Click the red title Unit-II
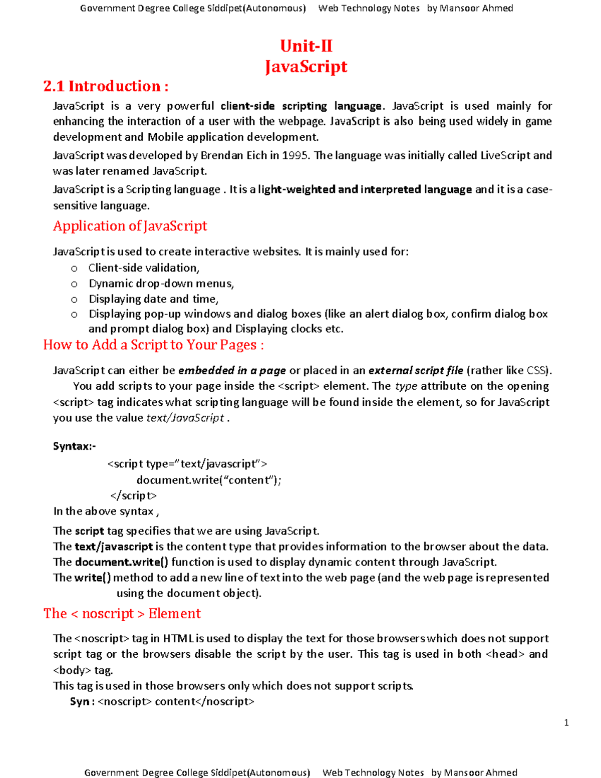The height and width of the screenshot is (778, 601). [306, 46]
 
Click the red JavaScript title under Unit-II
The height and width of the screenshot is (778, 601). [306, 67]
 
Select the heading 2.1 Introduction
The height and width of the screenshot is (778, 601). [106, 86]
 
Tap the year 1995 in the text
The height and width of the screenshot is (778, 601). [295, 155]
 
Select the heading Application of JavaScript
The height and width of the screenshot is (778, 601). [130, 226]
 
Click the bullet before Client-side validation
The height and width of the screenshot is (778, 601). [74, 269]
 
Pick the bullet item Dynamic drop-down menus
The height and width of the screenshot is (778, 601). [161, 284]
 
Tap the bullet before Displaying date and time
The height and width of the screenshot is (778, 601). [74, 300]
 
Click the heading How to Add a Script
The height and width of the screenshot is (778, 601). [153, 345]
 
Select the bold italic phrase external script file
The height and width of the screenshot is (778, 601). [416, 371]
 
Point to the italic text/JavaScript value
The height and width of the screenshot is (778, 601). [185, 418]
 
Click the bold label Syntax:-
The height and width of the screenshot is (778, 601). [74, 446]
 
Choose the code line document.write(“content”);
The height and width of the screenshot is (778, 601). [209, 480]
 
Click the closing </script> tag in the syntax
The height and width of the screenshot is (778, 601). [133, 495]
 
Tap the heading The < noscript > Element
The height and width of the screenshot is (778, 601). [122, 614]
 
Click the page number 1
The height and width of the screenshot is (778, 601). [566, 722]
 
